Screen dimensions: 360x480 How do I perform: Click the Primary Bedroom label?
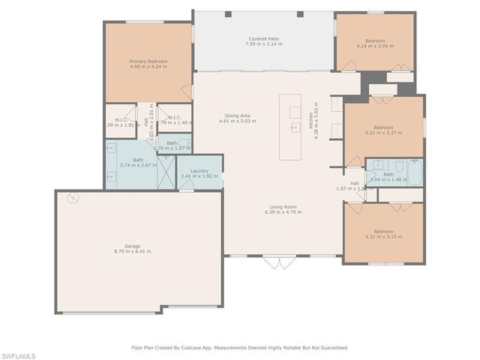(148, 61)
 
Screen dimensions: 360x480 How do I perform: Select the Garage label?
(132, 246)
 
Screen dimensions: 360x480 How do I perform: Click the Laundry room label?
(199, 171)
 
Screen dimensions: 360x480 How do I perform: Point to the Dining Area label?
(234, 115)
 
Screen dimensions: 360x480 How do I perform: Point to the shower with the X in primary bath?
(168, 172)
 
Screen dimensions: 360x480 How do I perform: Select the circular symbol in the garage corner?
(73, 199)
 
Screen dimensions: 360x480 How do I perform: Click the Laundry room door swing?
(187, 184)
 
